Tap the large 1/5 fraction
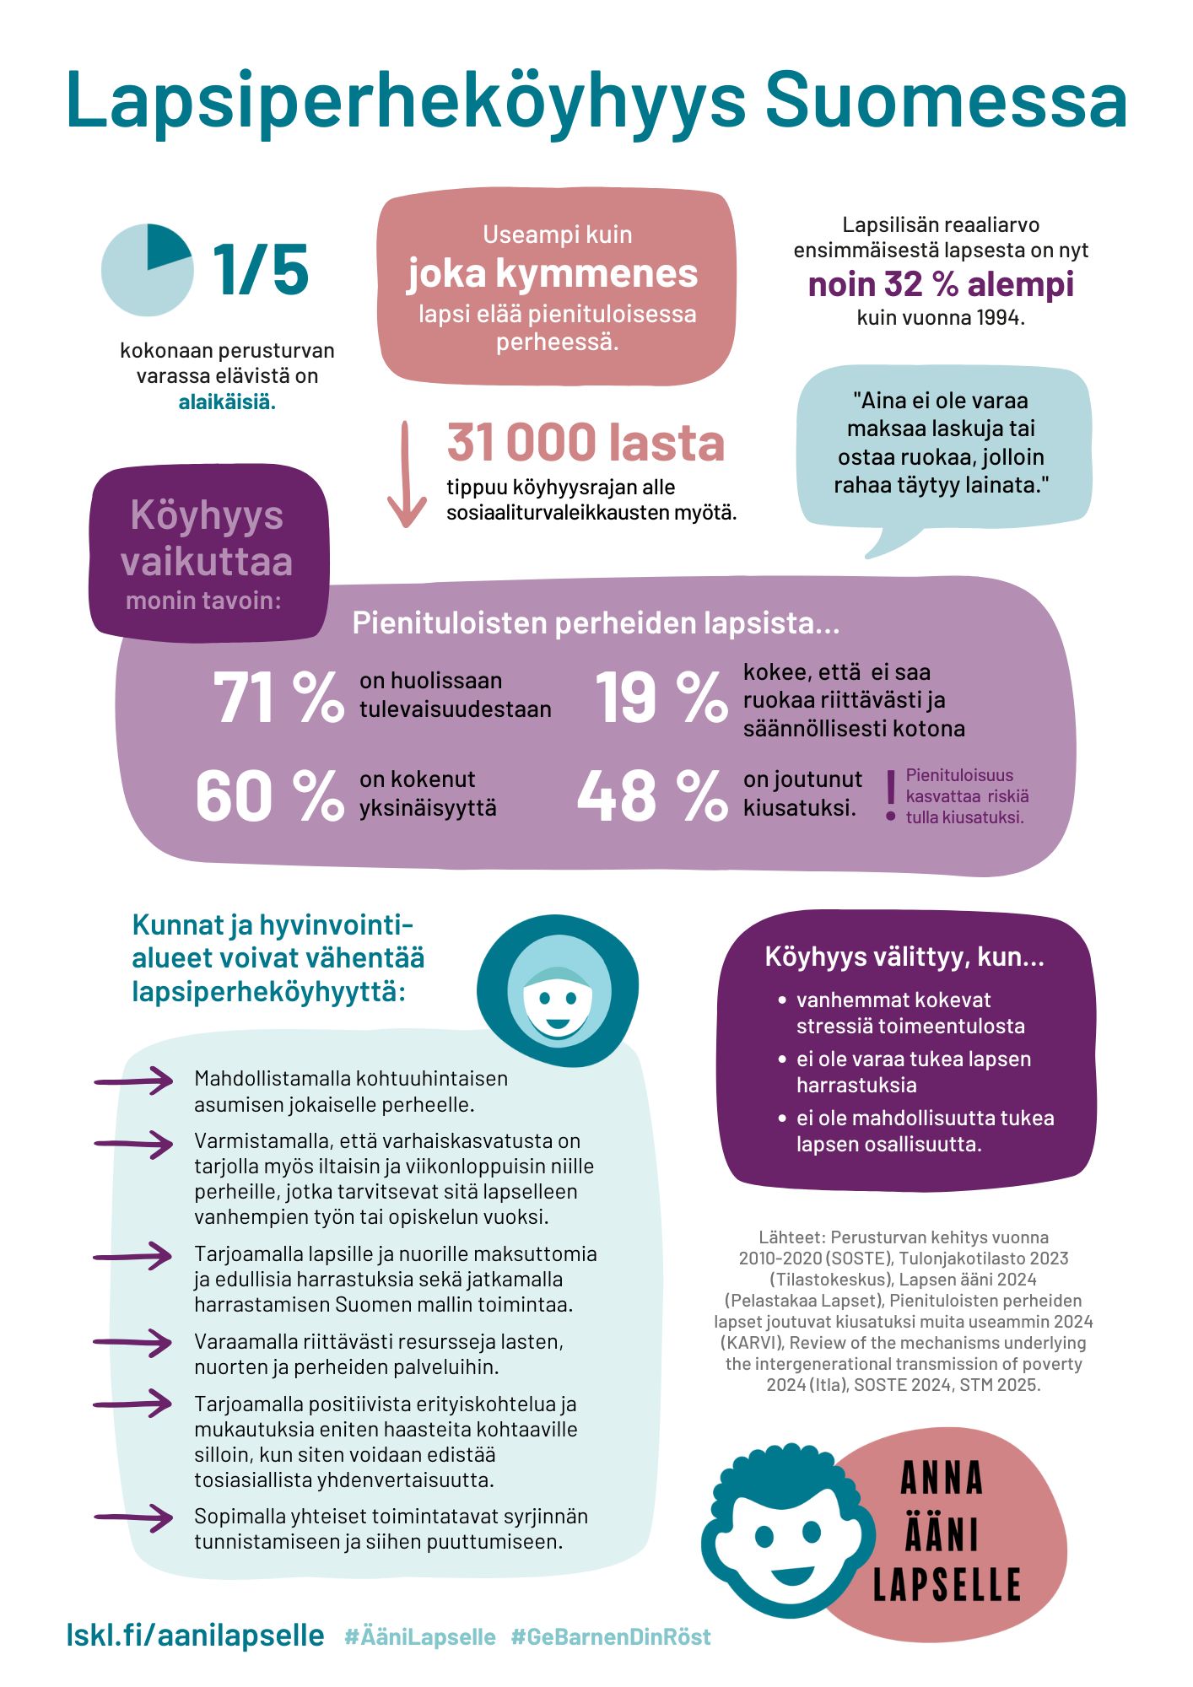pos(261,270)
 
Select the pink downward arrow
pos(407,476)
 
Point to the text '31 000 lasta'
pos(586,443)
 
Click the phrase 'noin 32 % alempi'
pos(941,285)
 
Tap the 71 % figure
pos(278,698)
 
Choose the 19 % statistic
pos(661,698)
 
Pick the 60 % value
pos(269,795)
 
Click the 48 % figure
pos(652,795)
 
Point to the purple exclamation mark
pos(890,795)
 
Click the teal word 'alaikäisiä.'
pos(227,402)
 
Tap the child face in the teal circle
pos(556,998)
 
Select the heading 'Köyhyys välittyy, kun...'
pos(904,957)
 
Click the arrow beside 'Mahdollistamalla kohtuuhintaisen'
pos(133,1081)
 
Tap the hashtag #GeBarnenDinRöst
pos(611,1636)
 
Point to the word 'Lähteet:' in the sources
pos(791,1237)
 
